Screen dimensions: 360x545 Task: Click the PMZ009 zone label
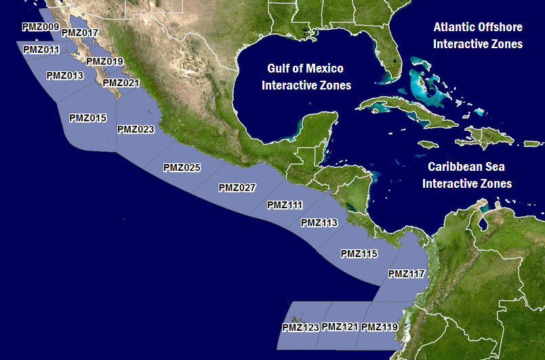40,26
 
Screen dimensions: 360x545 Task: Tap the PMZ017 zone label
80,33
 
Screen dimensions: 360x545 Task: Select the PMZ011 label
41,49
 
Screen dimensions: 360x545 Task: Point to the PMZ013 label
65,75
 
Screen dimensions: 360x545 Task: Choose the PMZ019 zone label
105,62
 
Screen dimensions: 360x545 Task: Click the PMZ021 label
121,83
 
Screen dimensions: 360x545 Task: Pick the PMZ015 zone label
88,118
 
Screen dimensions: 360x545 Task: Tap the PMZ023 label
136,129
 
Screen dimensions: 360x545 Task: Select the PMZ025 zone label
182,167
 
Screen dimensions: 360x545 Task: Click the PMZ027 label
237,188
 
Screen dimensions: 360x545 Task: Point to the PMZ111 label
285,205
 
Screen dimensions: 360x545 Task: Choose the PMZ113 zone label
319,222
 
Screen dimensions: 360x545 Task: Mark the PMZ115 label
359,254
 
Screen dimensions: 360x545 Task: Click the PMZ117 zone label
406,274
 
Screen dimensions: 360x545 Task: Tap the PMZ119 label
380,327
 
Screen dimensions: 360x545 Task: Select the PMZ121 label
340,327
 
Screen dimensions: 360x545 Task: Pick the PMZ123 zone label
300,328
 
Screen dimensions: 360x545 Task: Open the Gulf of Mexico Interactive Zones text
306,77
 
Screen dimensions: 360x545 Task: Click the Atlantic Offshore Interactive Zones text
478,35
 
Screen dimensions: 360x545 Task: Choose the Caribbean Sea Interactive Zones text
467,174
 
